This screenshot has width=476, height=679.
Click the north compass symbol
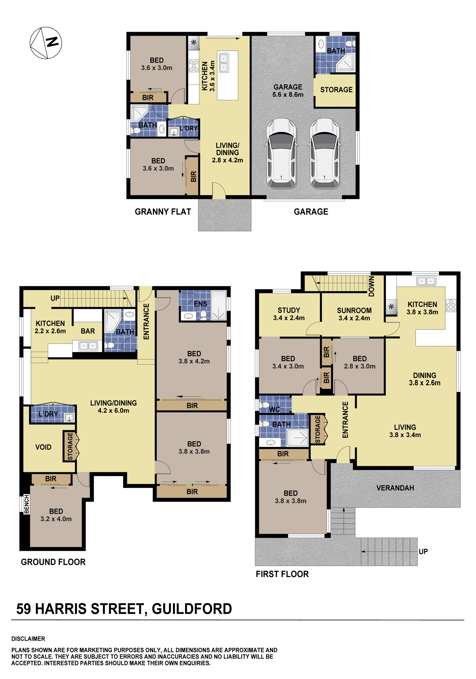[x=46, y=43]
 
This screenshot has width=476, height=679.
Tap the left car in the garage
[x=281, y=153]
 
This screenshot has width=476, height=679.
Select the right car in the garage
[x=324, y=153]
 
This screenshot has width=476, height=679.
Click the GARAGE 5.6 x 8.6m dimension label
[x=288, y=91]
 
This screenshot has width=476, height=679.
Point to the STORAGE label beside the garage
[x=336, y=90]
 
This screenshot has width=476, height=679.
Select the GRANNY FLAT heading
[x=163, y=212]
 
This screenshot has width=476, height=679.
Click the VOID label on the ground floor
[x=43, y=447]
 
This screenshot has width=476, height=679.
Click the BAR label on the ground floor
[x=88, y=331]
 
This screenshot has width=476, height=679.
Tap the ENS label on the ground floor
[x=200, y=304]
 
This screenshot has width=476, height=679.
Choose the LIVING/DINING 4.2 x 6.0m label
[x=113, y=407]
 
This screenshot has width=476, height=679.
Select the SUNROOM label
[x=354, y=310]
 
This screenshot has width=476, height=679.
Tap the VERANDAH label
[x=395, y=488]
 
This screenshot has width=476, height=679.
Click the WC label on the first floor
[x=274, y=409]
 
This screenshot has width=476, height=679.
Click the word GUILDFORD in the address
[x=192, y=609]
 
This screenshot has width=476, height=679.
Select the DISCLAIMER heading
[x=28, y=639]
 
